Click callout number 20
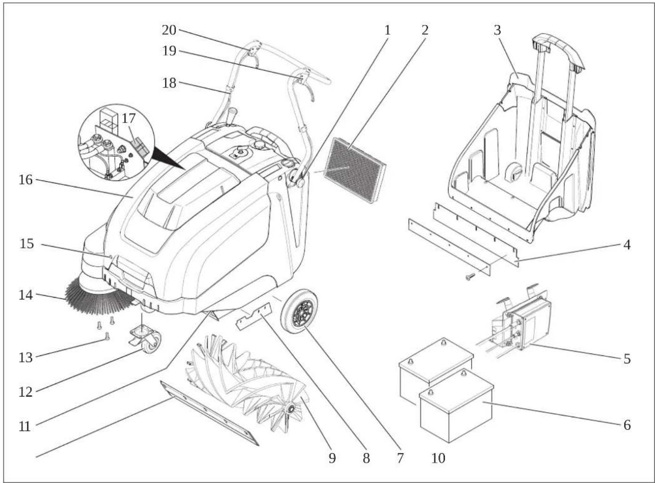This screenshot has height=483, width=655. tap(169, 30)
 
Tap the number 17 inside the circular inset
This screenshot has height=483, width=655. tap(128, 119)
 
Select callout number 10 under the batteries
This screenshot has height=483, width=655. tap(438, 458)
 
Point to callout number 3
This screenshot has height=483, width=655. tap(497, 30)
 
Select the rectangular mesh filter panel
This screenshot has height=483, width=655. tap(355, 170)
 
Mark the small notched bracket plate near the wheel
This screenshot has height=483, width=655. tap(253, 316)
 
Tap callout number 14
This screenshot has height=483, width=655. tap(26, 295)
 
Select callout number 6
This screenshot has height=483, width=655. tap(627, 425)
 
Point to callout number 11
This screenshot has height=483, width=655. tap(25, 426)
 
